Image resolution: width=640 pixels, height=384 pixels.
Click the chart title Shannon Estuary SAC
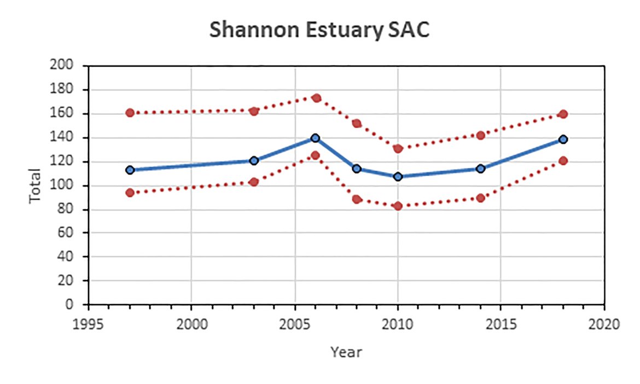[x=319, y=31]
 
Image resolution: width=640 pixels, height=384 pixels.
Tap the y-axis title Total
[x=36, y=185]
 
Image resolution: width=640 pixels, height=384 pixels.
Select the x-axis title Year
[x=346, y=352]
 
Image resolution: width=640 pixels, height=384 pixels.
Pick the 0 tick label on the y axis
[x=69, y=305]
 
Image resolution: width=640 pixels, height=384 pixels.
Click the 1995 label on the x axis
[x=89, y=324]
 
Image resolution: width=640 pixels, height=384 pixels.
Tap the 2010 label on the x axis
[x=398, y=324]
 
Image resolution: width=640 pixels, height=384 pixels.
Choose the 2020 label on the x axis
[x=604, y=324]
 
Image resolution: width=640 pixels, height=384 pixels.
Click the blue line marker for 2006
[x=315, y=138]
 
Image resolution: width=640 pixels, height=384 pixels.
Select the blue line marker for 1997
[x=130, y=170]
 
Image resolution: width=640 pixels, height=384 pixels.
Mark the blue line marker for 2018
[x=563, y=139]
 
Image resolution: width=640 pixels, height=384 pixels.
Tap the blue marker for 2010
[x=398, y=177]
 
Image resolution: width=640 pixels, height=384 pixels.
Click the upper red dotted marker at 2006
[x=316, y=98]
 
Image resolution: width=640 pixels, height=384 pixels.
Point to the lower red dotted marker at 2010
[x=398, y=206]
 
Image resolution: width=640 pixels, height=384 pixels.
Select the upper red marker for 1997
[x=130, y=113]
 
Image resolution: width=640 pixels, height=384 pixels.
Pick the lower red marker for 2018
[x=563, y=161]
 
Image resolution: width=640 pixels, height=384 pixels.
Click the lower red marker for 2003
[x=254, y=182]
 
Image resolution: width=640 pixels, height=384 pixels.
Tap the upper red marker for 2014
[x=480, y=135]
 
